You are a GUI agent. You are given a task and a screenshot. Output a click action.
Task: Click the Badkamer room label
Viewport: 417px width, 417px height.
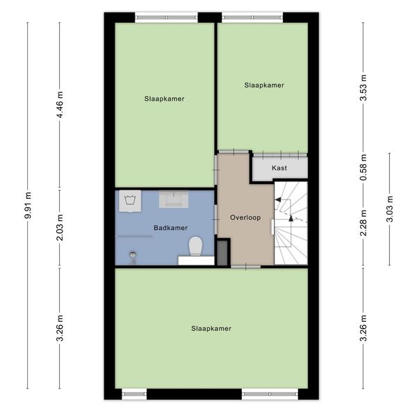pos(170,228)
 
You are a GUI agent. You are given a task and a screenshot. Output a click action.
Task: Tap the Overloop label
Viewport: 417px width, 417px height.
pos(245,218)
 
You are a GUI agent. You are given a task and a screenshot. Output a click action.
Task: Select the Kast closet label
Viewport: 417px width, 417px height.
pos(279,168)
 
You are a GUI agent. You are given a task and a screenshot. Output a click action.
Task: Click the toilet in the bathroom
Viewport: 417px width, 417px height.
pos(196,246)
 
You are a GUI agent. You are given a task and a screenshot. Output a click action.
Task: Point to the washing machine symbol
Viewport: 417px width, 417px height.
pos(130,201)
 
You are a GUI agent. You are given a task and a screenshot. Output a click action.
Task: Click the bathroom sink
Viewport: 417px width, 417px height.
pos(174,199)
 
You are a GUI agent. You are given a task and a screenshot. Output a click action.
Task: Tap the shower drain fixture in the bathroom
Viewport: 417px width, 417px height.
pos(133,257)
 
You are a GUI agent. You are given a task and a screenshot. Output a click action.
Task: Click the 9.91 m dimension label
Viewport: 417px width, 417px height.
pos(28,205)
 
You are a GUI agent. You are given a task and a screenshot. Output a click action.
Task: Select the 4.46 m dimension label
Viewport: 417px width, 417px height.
pos(60,104)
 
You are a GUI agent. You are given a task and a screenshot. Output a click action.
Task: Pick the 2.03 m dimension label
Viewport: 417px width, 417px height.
pos(60,227)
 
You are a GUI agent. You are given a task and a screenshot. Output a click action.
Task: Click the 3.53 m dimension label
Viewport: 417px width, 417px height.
pos(363,88)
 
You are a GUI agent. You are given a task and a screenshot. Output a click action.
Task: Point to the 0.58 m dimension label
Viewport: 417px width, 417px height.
pos(363,167)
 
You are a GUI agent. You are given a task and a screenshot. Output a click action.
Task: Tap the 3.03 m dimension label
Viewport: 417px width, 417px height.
pos(390,208)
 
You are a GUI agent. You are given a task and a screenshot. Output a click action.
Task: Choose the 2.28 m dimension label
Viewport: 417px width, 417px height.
pos(363,223)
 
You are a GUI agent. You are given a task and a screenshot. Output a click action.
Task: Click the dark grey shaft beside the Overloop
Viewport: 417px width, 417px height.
pos(222,253)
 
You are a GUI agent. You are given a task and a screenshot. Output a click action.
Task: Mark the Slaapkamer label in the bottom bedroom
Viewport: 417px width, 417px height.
pos(211,329)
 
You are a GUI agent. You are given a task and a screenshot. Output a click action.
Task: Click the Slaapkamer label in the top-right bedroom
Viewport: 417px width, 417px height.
pos(264,85)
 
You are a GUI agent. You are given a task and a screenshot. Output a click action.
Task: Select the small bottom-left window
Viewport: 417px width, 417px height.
pos(134,394)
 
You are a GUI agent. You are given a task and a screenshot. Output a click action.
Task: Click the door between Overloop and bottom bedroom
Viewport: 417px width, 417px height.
pos(245,267)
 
